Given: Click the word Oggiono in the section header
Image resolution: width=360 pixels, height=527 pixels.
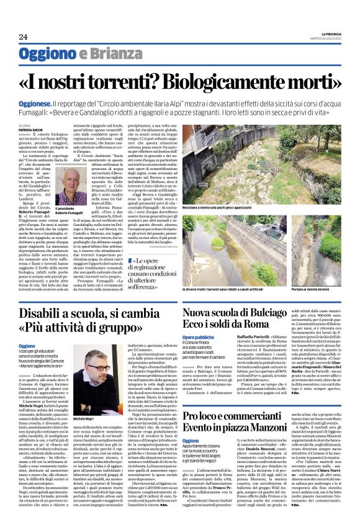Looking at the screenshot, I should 47,53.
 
